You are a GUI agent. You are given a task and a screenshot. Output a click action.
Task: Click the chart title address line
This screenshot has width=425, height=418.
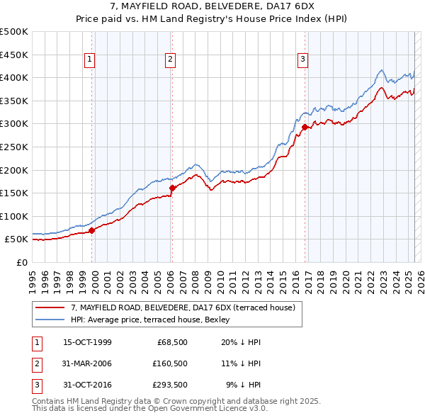coord(212,6)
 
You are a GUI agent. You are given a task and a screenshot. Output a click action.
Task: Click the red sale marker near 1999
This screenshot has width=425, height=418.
coord(92,230)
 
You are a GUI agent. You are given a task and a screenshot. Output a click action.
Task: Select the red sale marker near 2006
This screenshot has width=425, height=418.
coord(172,188)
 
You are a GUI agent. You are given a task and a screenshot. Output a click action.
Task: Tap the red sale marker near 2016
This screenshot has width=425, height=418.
coord(305,127)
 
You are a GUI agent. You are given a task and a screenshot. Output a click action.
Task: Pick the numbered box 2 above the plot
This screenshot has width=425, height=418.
coord(171,60)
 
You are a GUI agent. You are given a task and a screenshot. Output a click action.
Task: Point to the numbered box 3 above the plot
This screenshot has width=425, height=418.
coord(302,60)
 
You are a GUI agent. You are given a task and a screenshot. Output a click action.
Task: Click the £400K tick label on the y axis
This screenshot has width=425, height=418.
coord(14,77)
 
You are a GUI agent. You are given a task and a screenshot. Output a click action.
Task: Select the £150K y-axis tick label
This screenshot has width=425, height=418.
coord(14,193)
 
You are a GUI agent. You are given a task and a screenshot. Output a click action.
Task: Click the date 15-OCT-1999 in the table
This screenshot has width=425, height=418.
coord(87,342)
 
